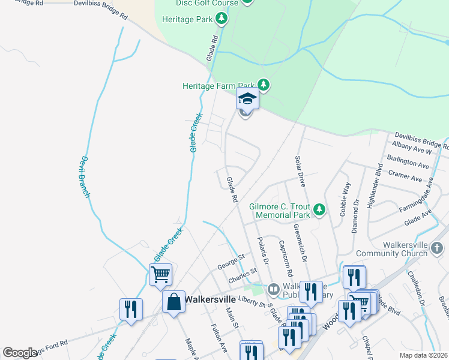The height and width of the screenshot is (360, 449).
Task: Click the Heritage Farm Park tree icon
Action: click(x=263, y=85)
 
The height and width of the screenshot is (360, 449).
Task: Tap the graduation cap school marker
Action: click(x=247, y=98)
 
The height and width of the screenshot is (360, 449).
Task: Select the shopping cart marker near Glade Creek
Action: click(x=160, y=274)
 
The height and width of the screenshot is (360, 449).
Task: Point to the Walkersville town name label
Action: click(x=207, y=298)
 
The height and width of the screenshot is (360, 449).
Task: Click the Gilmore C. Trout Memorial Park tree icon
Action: click(x=320, y=209)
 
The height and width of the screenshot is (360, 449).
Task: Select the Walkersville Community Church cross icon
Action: click(x=437, y=248)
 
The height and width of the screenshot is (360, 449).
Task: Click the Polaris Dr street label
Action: click(x=261, y=250)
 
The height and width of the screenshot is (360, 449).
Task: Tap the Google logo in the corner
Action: click(x=20, y=353)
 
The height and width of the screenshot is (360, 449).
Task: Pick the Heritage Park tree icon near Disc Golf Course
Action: click(x=221, y=19)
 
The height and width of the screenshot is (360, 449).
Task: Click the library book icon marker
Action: click(x=273, y=290)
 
